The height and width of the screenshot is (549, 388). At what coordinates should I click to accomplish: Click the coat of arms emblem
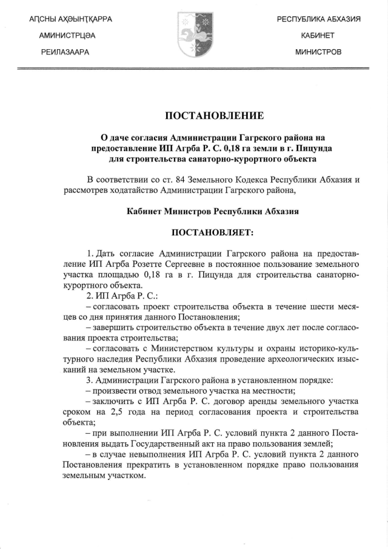(193, 36)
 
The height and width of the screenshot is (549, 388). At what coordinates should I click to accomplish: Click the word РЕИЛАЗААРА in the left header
(65, 52)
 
